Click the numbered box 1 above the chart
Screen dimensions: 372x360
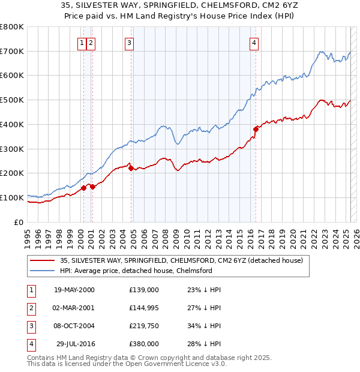81,43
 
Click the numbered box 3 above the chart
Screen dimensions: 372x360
129,43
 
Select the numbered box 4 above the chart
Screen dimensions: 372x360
254,43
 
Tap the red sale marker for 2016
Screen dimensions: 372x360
256,128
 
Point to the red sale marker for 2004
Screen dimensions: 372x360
131,169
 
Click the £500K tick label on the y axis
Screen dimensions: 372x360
12,100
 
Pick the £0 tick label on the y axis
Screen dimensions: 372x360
19,222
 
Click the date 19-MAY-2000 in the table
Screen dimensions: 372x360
74,290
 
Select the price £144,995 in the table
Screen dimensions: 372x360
144,308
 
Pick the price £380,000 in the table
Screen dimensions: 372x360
144,344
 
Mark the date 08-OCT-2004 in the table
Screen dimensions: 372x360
74,326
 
